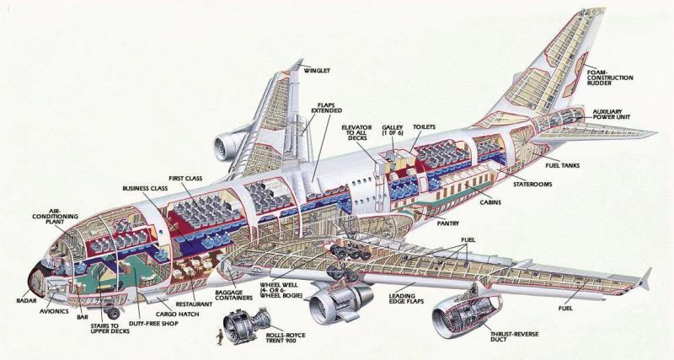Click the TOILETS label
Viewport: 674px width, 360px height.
pos(424,126)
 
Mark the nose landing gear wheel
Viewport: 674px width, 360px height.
pos(113,312)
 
